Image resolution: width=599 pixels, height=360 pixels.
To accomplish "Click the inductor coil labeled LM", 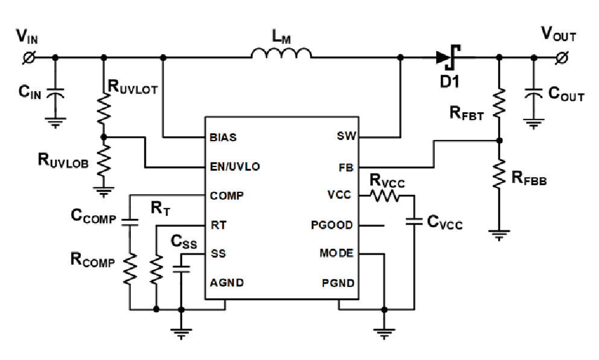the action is (x=281, y=54).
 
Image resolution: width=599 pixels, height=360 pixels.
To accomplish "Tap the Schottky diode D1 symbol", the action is (x=448, y=57).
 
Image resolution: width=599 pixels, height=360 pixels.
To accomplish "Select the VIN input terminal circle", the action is (x=29, y=58).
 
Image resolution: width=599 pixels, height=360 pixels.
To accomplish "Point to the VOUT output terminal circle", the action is (x=562, y=58).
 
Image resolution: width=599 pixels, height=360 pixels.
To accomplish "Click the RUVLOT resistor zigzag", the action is (x=104, y=108).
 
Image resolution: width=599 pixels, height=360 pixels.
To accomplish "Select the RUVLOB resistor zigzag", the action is (x=104, y=160).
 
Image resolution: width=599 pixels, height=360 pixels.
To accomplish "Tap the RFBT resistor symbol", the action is (x=499, y=103).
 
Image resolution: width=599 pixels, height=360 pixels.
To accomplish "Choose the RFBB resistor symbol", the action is (x=499, y=174).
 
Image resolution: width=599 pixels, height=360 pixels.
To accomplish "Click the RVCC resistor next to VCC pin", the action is (x=384, y=196).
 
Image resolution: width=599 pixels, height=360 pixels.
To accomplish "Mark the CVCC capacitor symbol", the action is (x=414, y=221).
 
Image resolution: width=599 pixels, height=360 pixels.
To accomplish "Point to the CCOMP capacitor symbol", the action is (x=130, y=221).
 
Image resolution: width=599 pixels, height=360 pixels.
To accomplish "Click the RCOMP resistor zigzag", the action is (x=130, y=269).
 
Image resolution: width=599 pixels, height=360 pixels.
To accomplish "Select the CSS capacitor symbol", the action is (x=181, y=269).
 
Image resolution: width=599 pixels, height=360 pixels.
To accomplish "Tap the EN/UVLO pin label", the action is (x=235, y=166).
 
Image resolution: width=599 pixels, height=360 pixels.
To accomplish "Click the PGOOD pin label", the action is (x=332, y=225).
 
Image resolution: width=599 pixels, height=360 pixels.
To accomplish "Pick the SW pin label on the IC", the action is (x=346, y=136).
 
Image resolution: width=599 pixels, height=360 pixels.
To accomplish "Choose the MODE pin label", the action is (x=337, y=253).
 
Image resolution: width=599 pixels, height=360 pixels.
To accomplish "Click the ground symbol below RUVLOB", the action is (x=104, y=192).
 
